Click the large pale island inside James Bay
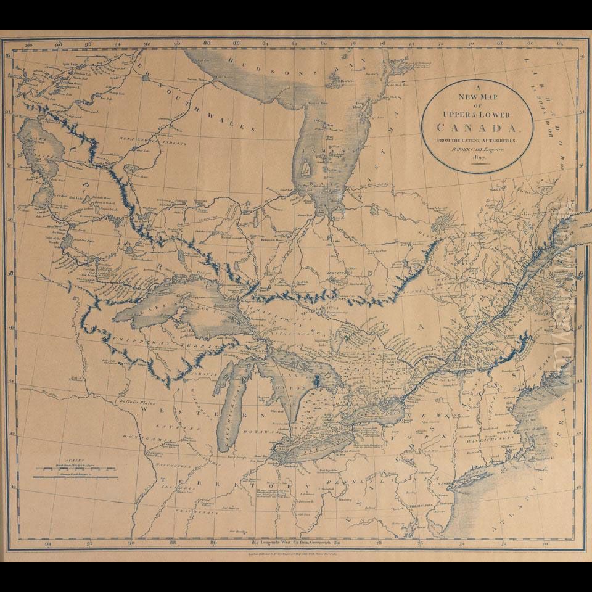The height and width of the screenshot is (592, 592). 307,165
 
